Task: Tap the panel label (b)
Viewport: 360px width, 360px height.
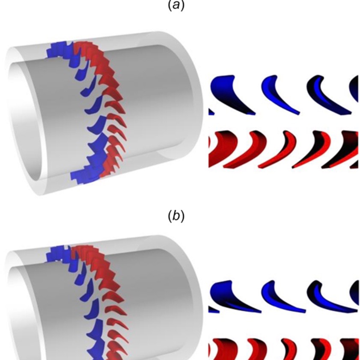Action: (176, 217)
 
